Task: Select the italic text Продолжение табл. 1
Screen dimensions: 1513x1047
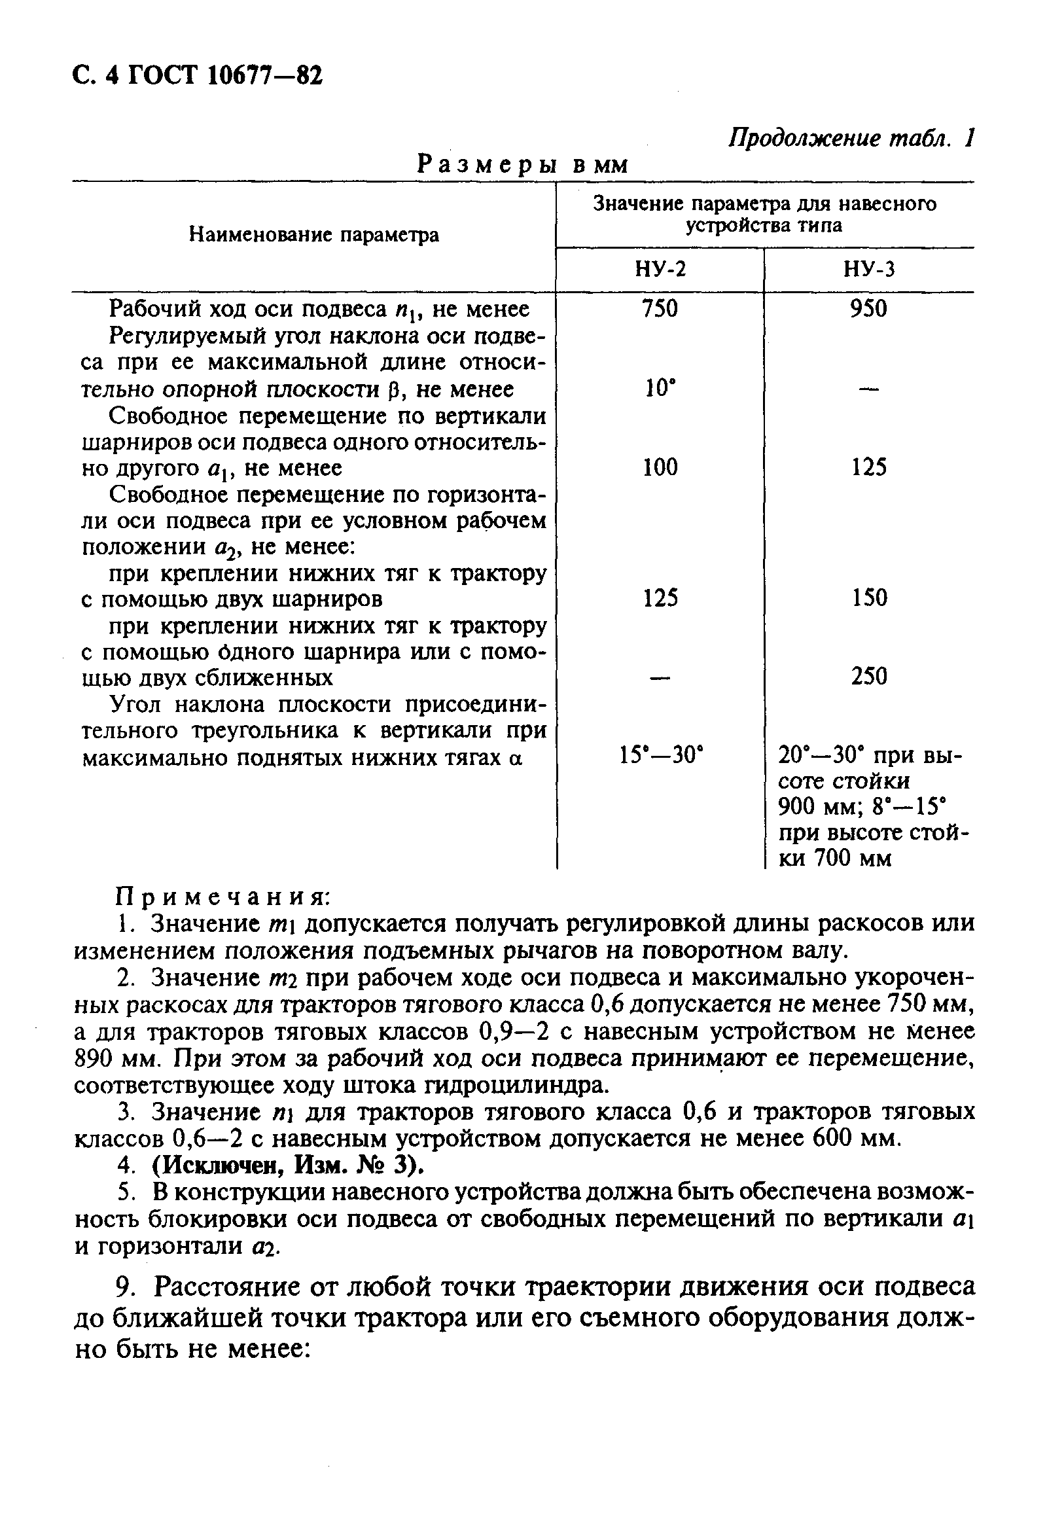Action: click(851, 139)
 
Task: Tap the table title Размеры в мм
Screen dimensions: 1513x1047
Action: click(522, 164)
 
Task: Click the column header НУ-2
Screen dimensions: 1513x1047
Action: click(660, 269)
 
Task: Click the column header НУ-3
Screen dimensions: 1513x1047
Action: click(868, 269)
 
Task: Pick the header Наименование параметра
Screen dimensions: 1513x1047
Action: click(313, 234)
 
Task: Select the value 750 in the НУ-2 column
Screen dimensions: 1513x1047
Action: click(660, 308)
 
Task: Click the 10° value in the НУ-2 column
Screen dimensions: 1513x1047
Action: click(660, 389)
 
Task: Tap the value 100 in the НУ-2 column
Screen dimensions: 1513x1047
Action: click(660, 467)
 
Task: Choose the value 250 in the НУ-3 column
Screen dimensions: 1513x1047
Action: click(868, 676)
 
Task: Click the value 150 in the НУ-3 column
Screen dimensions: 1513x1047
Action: click(868, 597)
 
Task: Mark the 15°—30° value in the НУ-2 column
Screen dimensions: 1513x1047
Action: click(660, 756)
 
